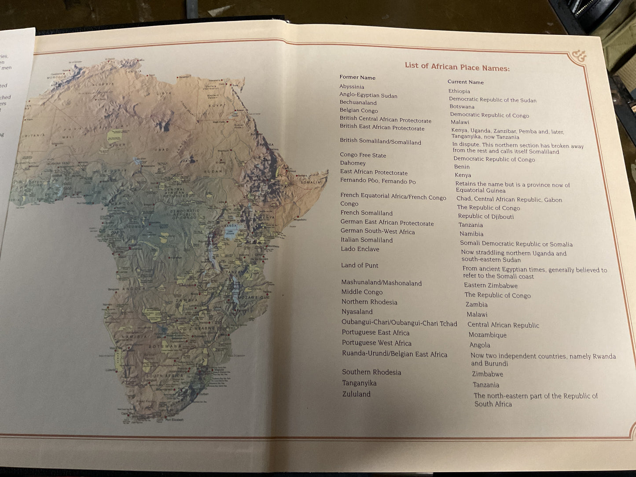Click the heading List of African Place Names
tap(457, 67)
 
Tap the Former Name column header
tap(357, 77)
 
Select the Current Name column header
tap(465, 82)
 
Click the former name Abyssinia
tap(352, 87)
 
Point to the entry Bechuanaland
tap(358, 103)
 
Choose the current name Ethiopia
tap(459, 91)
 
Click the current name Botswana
tap(462, 106)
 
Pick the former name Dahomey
tap(353, 163)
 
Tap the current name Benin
tap(462, 167)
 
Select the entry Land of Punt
tap(360, 265)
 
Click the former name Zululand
tap(356, 394)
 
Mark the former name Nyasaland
tap(357, 312)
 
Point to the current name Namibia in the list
tap(471, 234)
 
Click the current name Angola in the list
tap(479, 345)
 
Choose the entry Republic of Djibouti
tap(485, 216)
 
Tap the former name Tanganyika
tap(359, 383)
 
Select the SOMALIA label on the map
tap(311, 182)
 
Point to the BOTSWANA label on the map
tap(165, 346)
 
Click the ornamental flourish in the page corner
tap(579, 56)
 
